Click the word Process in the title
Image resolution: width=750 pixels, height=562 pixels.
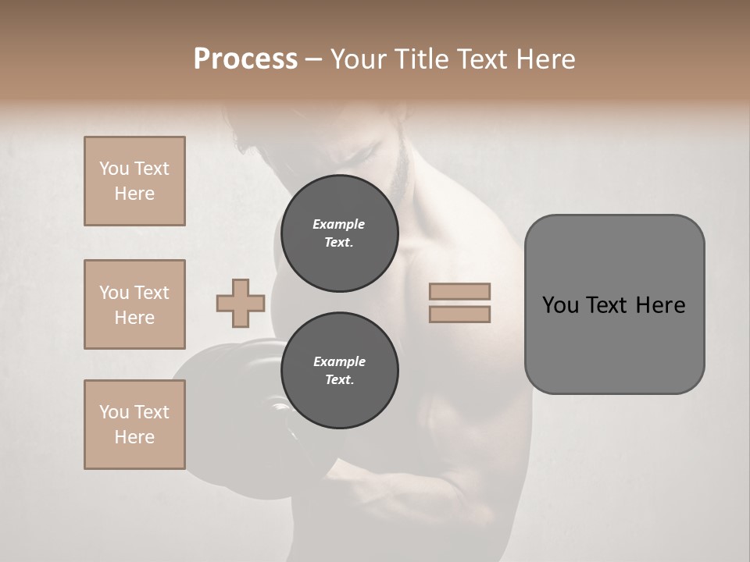tap(245, 59)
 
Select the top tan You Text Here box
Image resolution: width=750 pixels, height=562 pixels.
tap(134, 181)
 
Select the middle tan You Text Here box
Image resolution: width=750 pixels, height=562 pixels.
tap(134, 304)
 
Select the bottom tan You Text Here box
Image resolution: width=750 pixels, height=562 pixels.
tap(134, 425)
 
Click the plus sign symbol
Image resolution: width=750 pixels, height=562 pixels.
tap(241, 303)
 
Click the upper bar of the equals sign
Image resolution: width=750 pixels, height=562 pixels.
tap(459, 291)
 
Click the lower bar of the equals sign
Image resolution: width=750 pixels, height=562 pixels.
tap(459, 314)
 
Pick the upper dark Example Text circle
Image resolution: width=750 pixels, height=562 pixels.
tap(340, 233)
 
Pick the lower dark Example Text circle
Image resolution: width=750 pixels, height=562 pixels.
tap(340, 371)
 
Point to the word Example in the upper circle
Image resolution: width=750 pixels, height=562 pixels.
tap(339, 224)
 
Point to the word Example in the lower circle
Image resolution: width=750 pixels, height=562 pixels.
tap(339, 361)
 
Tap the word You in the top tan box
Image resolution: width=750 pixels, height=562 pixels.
tap(113, 169)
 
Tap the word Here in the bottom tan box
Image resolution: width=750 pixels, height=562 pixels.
tap(134, 437)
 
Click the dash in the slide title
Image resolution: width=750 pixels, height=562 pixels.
tap(314, 60)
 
